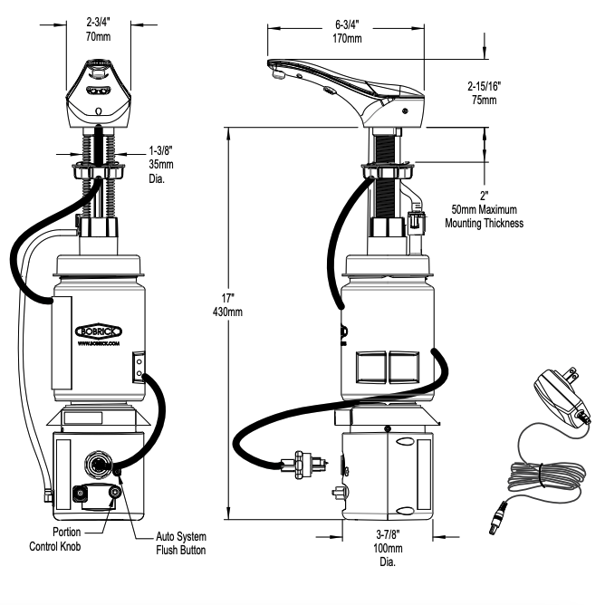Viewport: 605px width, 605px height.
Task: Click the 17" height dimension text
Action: (240, 298)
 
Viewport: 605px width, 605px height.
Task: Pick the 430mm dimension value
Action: (240, 312)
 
